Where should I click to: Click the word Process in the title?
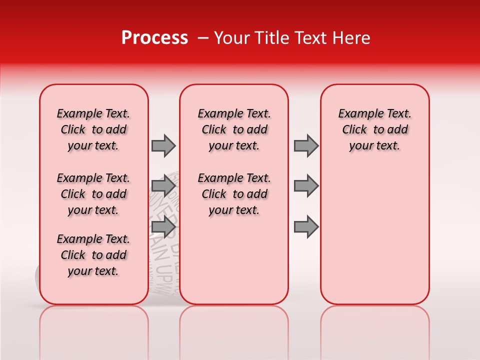tap(154, 38)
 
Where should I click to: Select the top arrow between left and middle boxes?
tap(163, 145)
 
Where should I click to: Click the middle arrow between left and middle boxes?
tap(163, 186)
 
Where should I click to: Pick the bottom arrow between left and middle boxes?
tap(163, 227)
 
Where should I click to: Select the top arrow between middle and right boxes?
tap(306, 145)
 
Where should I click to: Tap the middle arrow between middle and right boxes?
tap(306, 186)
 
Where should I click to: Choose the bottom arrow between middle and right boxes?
tap(306, 227)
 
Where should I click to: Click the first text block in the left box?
tap(93, 129)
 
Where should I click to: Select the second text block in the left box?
tap(93, 194)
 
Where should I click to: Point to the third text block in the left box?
tap(93, 255)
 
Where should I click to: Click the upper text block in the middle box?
tap(234, 129)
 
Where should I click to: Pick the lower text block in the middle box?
tap(234, 194)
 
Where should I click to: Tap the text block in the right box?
tap(374, 129)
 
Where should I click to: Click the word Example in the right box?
tap(356, 114)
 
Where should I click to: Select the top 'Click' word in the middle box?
tap(214, 130)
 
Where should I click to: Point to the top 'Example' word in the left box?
tap(75, 114)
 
